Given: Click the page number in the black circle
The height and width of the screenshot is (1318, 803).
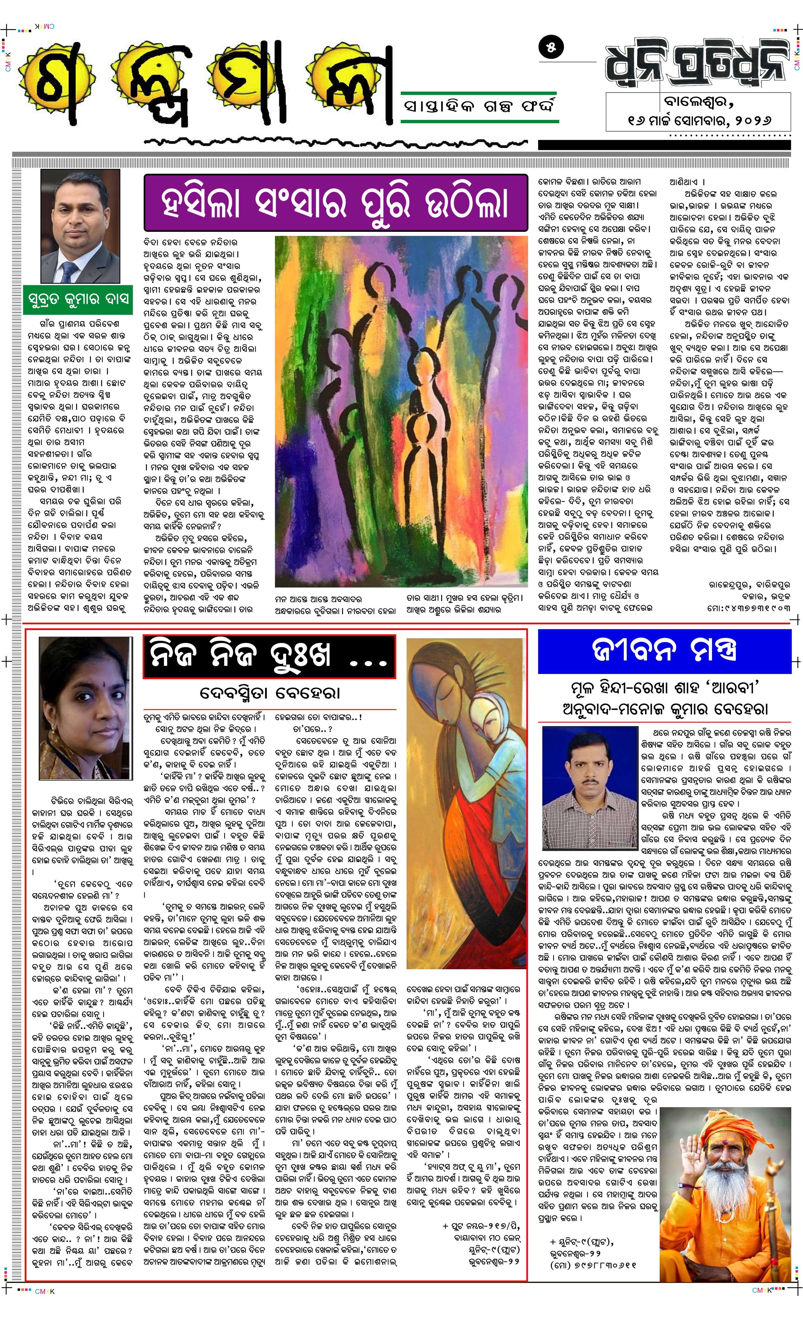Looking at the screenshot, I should [x=551, y=47].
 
